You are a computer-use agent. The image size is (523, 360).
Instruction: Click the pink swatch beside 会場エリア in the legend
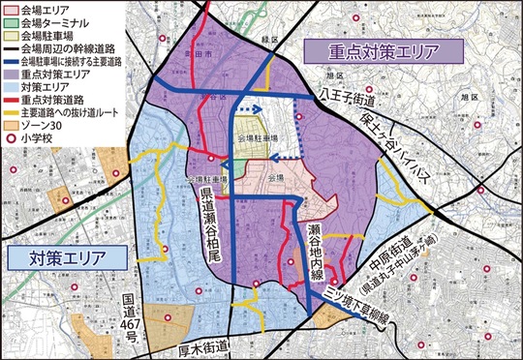tap(11, 9)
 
